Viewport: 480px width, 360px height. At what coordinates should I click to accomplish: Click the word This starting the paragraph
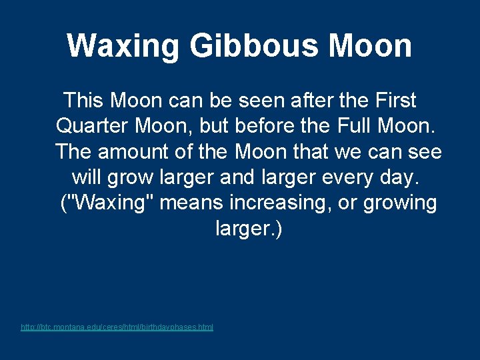(x=83, y=101)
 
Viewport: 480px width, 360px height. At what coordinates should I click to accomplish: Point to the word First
(x=395, y=101)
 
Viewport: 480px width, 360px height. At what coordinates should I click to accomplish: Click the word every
(x=354, y=178)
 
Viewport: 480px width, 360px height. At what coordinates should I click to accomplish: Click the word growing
(x=400, y=203)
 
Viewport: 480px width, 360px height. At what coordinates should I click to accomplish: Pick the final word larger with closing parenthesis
(x=249, y=229)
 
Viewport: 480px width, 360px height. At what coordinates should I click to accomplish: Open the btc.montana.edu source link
(x=117, y=327)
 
